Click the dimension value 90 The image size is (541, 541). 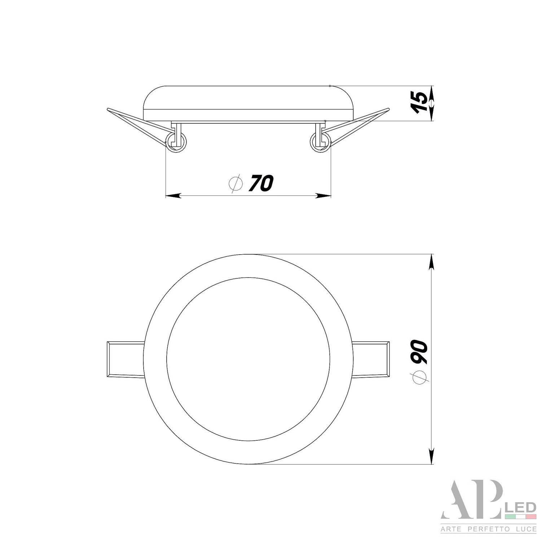coord(419,351)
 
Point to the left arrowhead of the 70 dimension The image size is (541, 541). coord(172,196)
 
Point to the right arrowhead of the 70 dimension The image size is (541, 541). coord(324,196)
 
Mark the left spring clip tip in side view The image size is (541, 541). coord(108,109)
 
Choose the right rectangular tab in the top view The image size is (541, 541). coord(370,359)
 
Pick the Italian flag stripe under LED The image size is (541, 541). coord(520,517)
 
